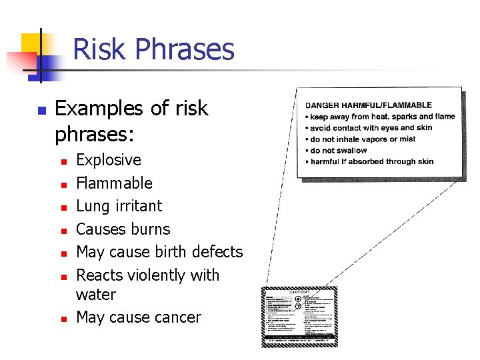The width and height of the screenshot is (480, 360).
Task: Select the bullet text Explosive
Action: click(x=109, y=160)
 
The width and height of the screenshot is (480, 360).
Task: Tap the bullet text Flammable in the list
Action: click(x=114, y=183)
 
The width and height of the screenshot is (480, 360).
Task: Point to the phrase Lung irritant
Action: click(x=119, y=206)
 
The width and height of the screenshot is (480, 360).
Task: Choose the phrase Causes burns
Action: click(x=123, y=229)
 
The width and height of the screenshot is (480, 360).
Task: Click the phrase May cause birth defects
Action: click(x=159, y=252)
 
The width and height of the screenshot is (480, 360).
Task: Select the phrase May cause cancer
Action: click(x=138, y=317)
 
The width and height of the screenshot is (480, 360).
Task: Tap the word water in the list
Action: click(x=96, y=295)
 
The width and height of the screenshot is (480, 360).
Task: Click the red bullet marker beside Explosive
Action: click(x=61, y=161)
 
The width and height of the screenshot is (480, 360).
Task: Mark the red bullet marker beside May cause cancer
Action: click(x=61, y=319)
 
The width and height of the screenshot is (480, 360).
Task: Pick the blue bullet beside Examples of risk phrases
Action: click(x=41, y=110)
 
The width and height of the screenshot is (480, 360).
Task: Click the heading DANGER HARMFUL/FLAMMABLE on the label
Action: click(x=369, y=105)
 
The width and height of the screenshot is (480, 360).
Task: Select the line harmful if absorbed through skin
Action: click(x=370, y=161)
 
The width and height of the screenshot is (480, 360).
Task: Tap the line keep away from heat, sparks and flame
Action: click(x=380, y=117)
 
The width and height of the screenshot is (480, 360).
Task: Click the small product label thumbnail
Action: click(x=299, y=317)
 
